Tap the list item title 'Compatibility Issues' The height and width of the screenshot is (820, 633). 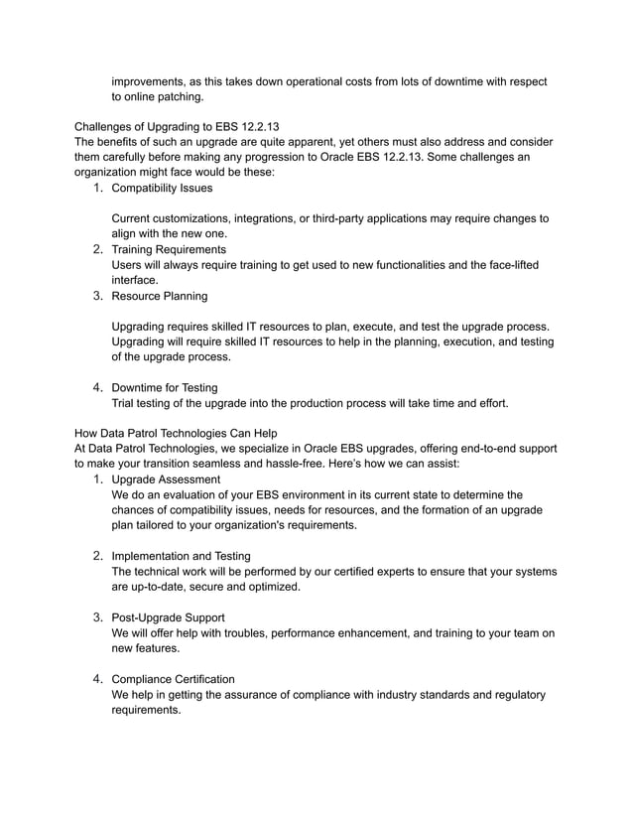point(162,187)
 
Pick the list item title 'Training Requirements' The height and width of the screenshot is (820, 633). point(169,248)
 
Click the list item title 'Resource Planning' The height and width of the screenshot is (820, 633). point(160,295)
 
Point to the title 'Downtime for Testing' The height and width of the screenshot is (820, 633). point(165,387)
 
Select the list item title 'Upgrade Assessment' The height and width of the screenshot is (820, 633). point(166,478)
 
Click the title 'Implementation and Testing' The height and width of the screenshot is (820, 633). point(181,556)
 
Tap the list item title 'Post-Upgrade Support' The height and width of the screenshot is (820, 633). point(168,617)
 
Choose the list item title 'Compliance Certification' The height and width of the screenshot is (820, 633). point(174,679)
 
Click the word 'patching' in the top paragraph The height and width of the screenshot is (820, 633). point(180,96)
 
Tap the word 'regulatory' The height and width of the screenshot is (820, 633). point(515,694)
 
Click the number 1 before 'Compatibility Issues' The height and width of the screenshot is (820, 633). point(98,187)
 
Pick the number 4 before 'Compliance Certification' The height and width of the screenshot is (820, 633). point(98,679)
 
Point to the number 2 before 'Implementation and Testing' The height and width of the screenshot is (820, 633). point(98,556)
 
